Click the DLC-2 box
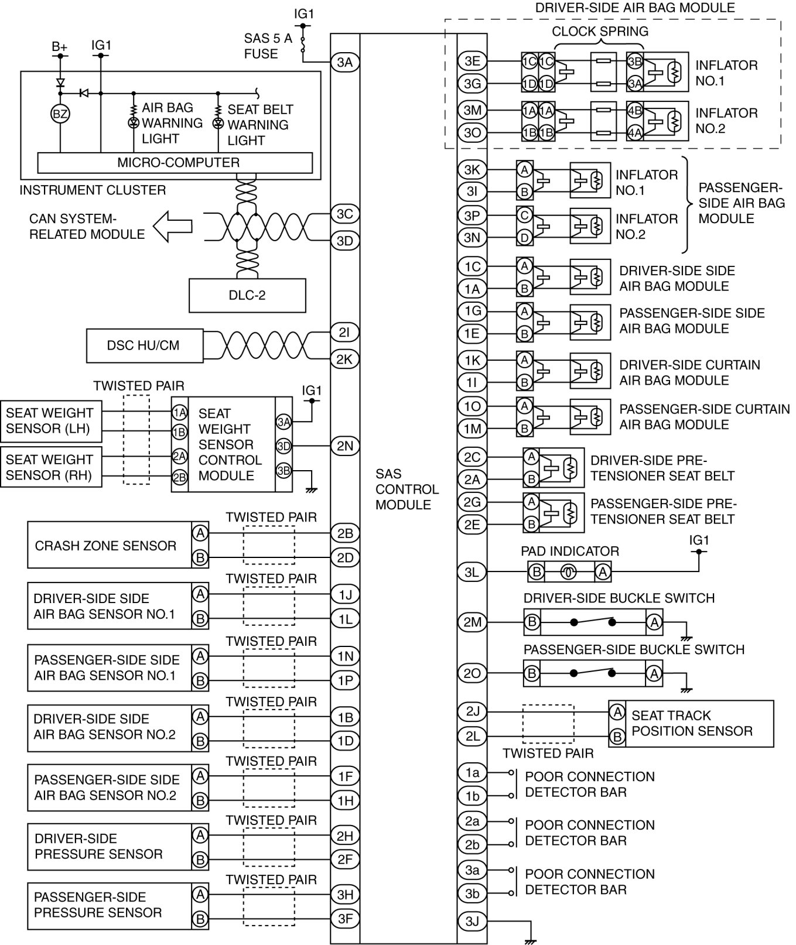pyautogui.click(x=247, y=295)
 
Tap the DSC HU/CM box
pyautogui.click(x=144, y=345)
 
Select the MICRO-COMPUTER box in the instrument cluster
pyautogui.click(x=175, y=162)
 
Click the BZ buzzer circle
pyautogui.click(x=60, y=114)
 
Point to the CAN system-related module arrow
pyautogui.click(x=172, y=227)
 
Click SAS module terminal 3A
pyautogui.click(x=344, y=62)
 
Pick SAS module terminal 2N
pyautogui.click(x=344, y=446)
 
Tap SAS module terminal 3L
pyautogui.click(x=472, y=572)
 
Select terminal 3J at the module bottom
pyautogui.click(x=472, y=921)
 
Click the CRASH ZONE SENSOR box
pyautogui.click(x=105, y=546)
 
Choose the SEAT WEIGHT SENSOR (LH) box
pyautogui.click(x=50, y=420)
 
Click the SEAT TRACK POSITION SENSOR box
pyautogui.click(x=691, y=723)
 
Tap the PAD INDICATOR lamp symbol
pyautogui.click(x=569, y=572)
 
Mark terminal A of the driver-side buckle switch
pyautogui.click(x=654, y=622)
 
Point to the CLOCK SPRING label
pyautogui.click(x=600, y=31)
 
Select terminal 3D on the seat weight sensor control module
pyautogui.click(x=283, y=446)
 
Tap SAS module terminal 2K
pyautogui.click(x=344, y=358)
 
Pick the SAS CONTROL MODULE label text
pyautogui.click(x=407, y=489)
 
